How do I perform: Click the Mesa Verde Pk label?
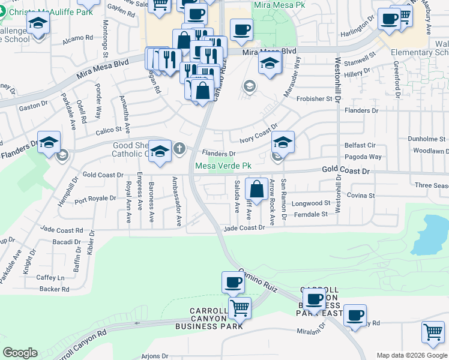(x=221, y=166)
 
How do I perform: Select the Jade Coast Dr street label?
(x=244, y=228)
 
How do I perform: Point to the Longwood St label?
(x=311, y=203)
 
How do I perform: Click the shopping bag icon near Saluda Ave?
(x=256, y=189)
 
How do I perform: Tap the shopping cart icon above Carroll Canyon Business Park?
(x=240, y=308)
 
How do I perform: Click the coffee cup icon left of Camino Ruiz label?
(x=233, y=282)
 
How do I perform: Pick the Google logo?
(x=20, y=353)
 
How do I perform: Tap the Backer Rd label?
(x=54, y=289)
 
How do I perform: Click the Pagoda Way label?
(x=363, y=157)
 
